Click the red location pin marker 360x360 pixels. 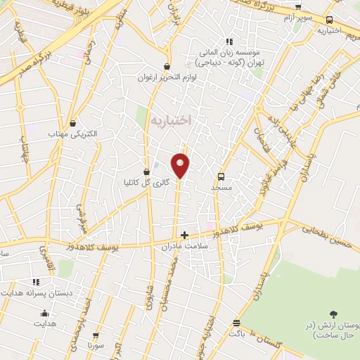pyautogui.click(x=181, y=165)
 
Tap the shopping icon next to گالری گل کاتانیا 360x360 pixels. pyautogui.click(x=146, y=171)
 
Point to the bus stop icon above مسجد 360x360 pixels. pyautogui.click(x=221, y=176)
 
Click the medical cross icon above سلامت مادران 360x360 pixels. pyautogui.click(x=184, y=235)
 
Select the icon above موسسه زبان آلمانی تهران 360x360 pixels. pyautogui.click(x=227, y=41)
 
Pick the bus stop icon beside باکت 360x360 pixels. pyautogui.click(x=236, y=323)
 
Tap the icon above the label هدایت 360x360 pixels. pyautogui.click(x=46, y=314)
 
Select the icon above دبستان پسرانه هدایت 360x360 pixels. pyautogui.click(x=35, y=282)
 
